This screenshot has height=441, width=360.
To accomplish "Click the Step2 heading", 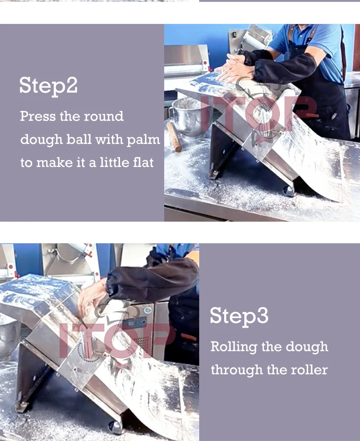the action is [48, 85].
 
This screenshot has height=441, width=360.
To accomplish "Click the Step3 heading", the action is [239, 316].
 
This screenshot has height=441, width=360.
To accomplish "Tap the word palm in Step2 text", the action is [143, 140].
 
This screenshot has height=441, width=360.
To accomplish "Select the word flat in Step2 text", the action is [144, 162].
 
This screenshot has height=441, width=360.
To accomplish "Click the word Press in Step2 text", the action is [38, 116].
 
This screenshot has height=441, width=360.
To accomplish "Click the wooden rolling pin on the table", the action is [174, 137].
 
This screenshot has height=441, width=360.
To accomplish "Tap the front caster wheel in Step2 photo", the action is [289, 191].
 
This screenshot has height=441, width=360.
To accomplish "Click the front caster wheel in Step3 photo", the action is [115, 428].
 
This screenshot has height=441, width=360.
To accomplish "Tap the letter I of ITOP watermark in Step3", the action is [64, 340].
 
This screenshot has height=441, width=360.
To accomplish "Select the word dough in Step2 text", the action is [41, 140].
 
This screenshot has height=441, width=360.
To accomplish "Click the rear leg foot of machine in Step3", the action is [22, 406].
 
